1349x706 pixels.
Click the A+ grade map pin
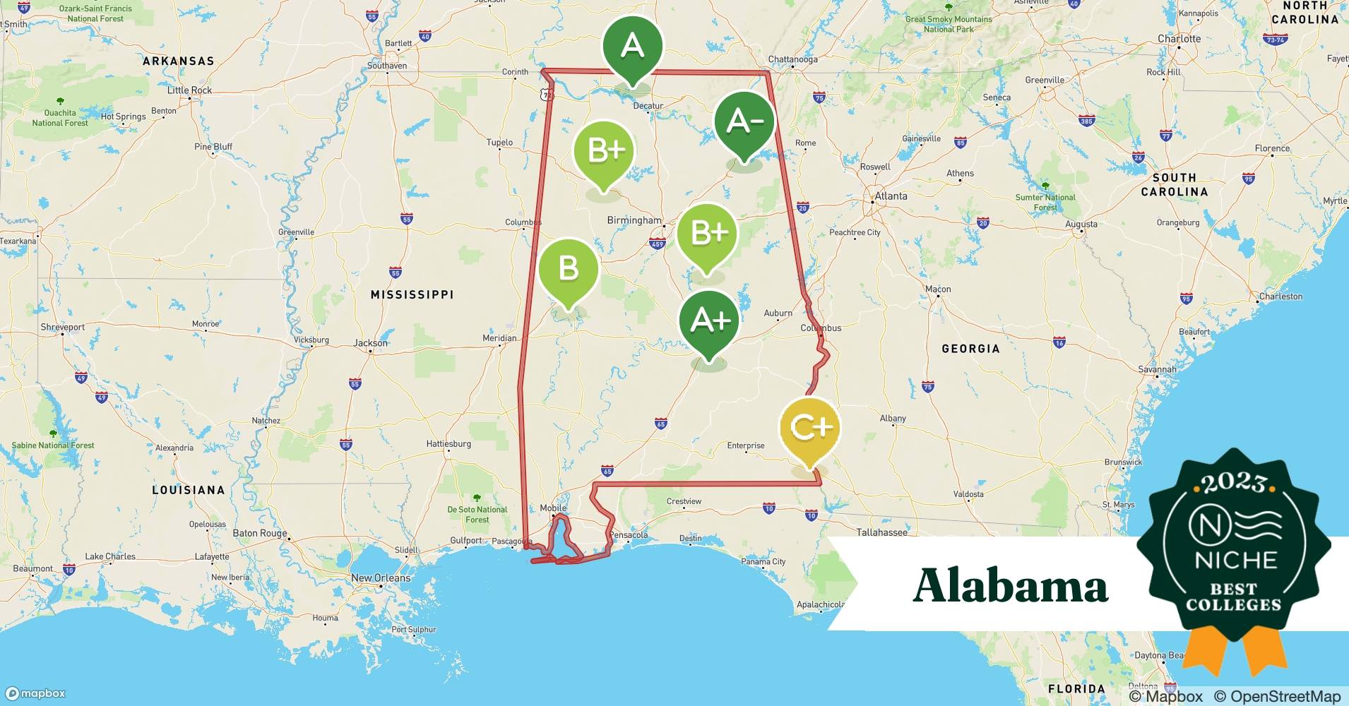pyautogui.click(x=709, y=322)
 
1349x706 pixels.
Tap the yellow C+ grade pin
pyautogui.click(x=809, y=428)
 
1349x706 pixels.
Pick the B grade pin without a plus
pyautogui.click(x=569, y=269)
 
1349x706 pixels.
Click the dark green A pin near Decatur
pyautogui.click(x=632, y=47)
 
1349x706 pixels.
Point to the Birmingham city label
pyautogui.click(x=634, y=220)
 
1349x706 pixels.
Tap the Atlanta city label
pyautogui.click(x=891, y=196)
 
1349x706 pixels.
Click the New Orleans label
pyautogui.click(x=381, y=578)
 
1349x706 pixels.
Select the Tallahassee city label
pyautogui.click(x=881, y=532)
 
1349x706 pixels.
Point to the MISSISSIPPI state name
pyautogui.click(x=412, y=294)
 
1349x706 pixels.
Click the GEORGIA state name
pyautogui.click(x=970, y=349)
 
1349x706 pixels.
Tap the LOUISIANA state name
pyautogui.click(x=189, y=490)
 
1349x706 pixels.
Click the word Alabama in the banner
pyautogui.click(x=1010, y=586)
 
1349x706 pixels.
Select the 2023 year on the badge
pyautogui.click(x=1235, y=483)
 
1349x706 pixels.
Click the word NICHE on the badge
pyautogui.click(x=1235, y=560)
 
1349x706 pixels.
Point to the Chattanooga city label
pyautogui.click(x=792, y=60)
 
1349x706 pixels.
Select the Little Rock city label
pyautogui.click(x=189, y=90)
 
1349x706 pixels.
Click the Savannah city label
pyautogui.click(x=1157, y=369)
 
